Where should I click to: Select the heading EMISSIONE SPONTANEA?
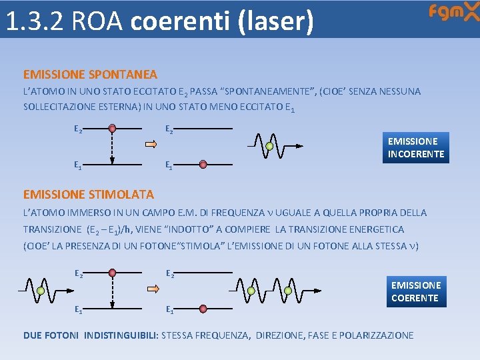point(90,75)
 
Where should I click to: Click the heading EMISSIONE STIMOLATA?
point(88,195)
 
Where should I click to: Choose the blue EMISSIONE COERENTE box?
point(415,291)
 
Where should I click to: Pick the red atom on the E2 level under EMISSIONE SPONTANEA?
point(113,128)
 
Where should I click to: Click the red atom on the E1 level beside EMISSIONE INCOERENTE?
point(203,163)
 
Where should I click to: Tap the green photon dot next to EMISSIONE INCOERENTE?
point(269,146)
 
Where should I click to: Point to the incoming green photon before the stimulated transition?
point(41,291)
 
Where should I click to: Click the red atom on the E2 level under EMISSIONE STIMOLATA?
point(113,272)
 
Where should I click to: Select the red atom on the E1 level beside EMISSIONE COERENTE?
point(203,307)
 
